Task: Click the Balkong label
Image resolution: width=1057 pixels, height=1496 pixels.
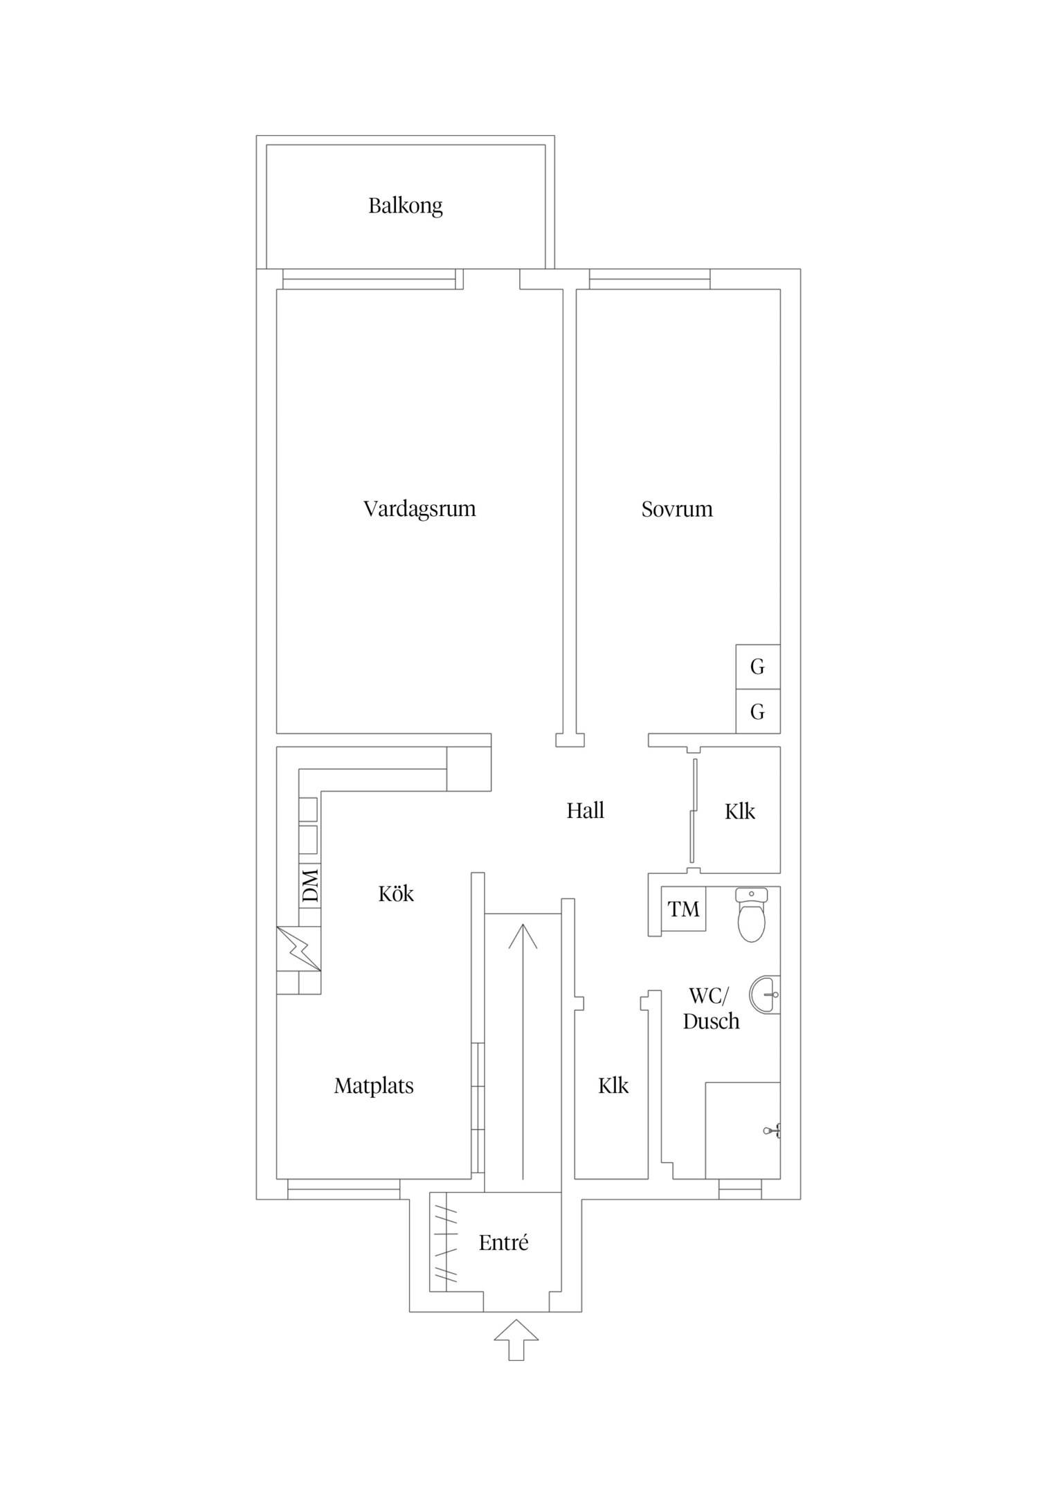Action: (x=405, y=206)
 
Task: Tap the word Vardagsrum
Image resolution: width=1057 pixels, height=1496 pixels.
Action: (x=419, y=510)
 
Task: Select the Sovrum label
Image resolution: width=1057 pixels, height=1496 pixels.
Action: (x=677, y=510)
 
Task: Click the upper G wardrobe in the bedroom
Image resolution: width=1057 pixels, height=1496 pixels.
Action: (x=758, y=667)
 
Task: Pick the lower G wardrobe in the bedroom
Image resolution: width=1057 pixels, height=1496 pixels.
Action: (x=758, y=712)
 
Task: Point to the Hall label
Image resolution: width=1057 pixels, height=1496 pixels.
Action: (x=586, y=811)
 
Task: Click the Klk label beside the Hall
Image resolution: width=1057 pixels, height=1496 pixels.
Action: (x=740, y=812)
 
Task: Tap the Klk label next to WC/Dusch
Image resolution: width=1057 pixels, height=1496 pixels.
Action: (x=613, y=1086)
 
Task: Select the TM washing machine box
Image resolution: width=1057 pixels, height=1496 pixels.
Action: (x=683, y=909)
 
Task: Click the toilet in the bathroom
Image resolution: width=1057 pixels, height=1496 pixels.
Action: (x=752, y=915)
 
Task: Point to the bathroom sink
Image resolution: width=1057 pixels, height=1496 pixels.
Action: (x=766, y=995)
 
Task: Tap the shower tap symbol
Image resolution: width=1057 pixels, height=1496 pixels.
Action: (x=773, y=1131)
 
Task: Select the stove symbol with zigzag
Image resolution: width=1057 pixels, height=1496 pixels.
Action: (x=299, y=949)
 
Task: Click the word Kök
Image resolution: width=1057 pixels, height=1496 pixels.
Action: (x=396, y=894)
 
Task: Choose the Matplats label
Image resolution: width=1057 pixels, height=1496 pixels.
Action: (x=374, y=1086)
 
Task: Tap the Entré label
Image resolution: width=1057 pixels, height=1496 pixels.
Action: (x=503, y=1243)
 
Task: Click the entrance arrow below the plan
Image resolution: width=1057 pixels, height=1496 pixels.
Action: (x=516, y=1340)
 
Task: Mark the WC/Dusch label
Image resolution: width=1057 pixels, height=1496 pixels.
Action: (x=711, y=1008)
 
